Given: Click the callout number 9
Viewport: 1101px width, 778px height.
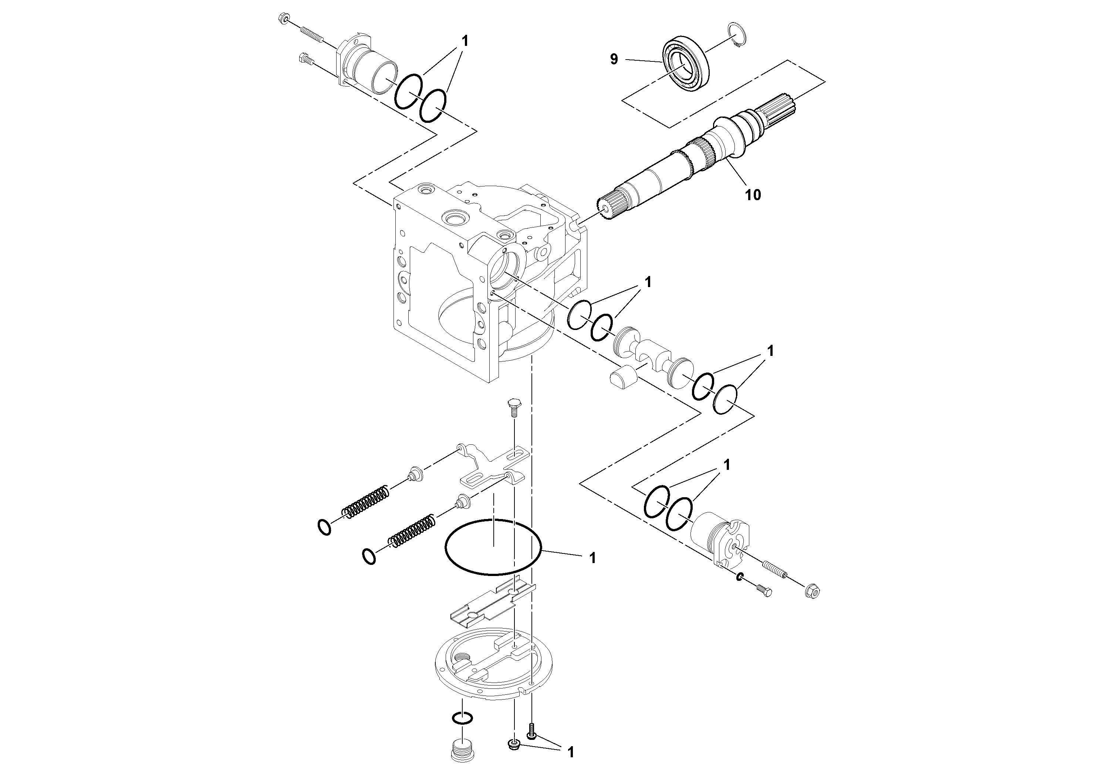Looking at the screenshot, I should [614, 60].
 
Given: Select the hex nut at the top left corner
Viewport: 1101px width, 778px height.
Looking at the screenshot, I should [283, 19].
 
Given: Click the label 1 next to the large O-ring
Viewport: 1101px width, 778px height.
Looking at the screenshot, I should [592, 558].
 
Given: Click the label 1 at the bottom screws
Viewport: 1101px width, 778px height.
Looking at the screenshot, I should [570, 752].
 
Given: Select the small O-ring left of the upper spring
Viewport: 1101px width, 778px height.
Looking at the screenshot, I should [325, 527].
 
